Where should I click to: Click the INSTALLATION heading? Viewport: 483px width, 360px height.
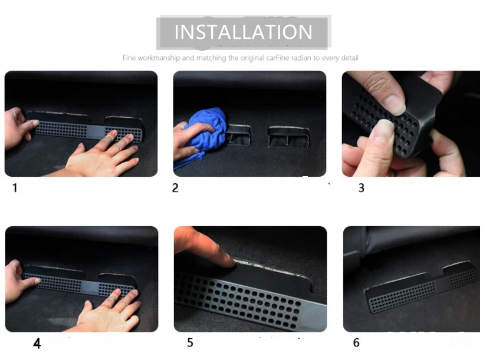(244, 32)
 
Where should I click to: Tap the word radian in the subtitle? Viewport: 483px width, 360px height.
(301, 58)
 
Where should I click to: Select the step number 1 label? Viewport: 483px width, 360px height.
(15, 188)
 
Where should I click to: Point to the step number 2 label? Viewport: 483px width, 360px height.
(175, 188)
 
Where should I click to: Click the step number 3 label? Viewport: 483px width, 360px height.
(362, 188)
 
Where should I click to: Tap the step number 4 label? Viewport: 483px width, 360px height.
(37, 344)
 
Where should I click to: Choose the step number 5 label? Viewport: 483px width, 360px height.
(190, 342)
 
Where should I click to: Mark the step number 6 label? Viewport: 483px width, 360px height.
(356, 342)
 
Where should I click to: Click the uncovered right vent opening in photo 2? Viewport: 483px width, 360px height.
(288, 137)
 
